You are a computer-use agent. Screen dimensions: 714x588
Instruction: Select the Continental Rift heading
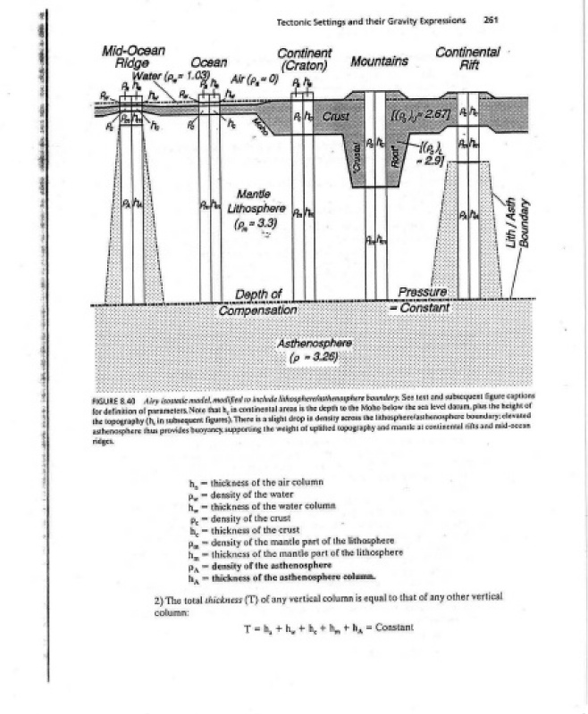click(x=467, y=58)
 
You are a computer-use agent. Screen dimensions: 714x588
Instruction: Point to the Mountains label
click(x=380, y=62)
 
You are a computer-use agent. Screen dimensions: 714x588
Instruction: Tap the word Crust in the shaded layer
click(x=335, y=115)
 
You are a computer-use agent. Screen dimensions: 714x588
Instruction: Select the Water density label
click(x=170, y=74)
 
